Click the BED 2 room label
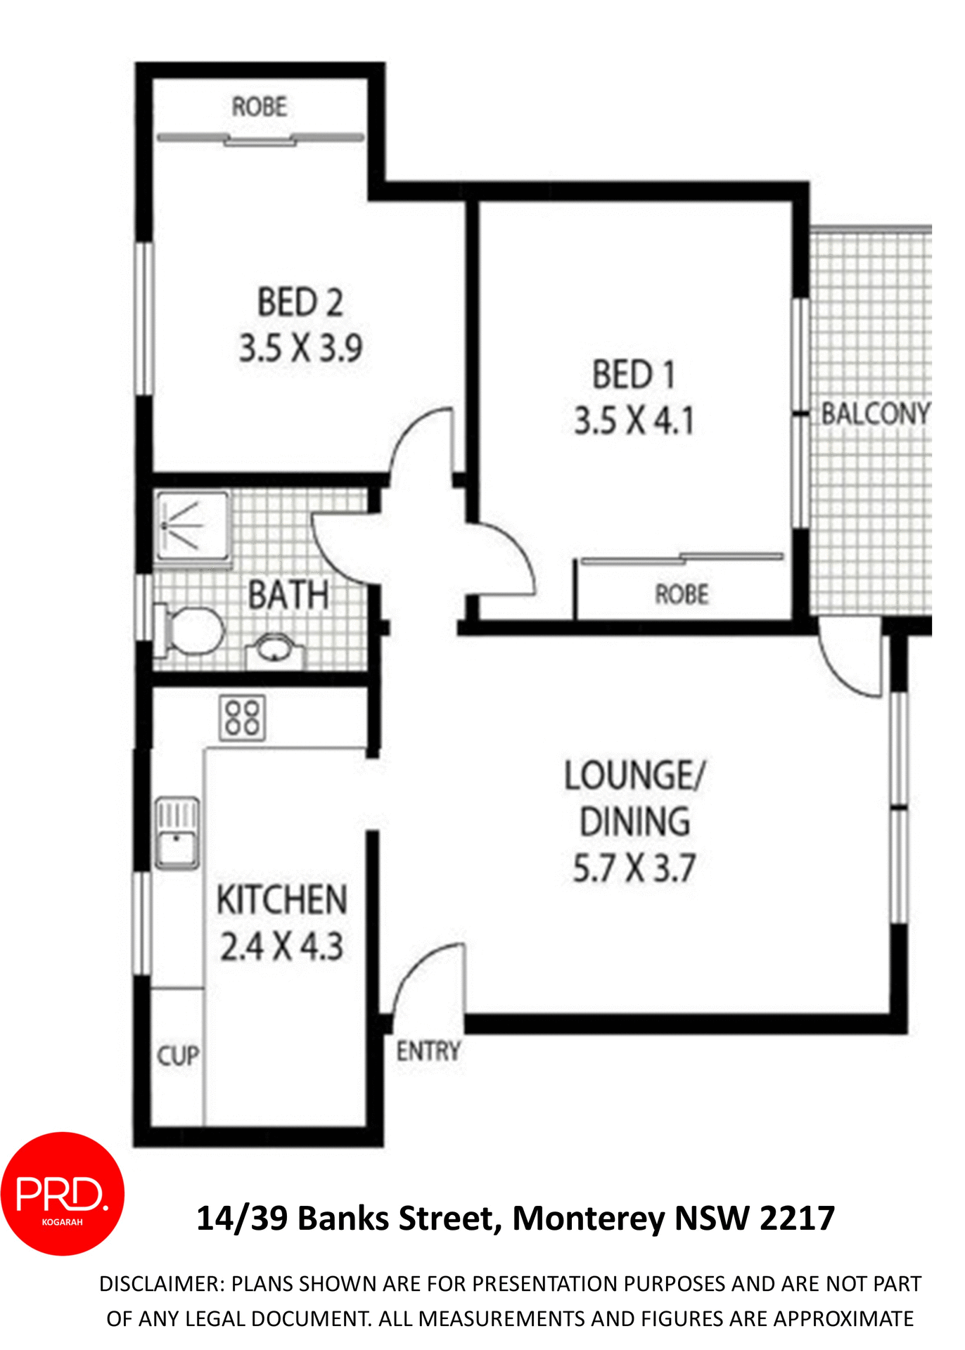click(300, 303)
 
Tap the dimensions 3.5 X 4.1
click(634, 421)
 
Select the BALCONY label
click(876, 413)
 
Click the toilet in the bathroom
click(190, 629)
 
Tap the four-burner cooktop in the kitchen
click(243, 717)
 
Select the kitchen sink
click(177, 834)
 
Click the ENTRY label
click(428, 1051)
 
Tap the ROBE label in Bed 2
click(260, 107)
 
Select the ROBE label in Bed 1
click(682, 595)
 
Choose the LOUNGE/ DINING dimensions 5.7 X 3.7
click(634, 868)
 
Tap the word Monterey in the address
click(588, 1219)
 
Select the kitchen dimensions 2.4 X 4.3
click(281, 946)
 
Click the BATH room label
click(288, 595)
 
